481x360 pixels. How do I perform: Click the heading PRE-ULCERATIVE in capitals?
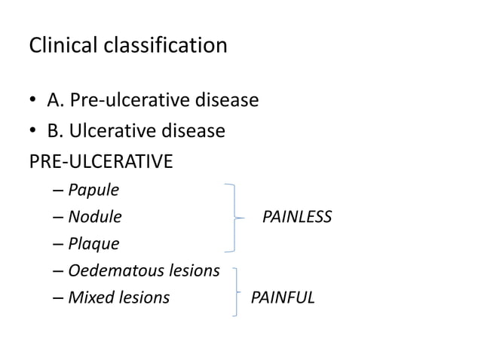100,162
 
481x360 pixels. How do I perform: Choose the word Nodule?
94,217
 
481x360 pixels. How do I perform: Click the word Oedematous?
112,270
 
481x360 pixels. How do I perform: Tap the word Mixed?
88,297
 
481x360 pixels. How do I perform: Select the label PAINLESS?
297,217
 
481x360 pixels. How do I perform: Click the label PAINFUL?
283,297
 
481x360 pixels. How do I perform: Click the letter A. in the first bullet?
54,100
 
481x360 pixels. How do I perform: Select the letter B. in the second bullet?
54,131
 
